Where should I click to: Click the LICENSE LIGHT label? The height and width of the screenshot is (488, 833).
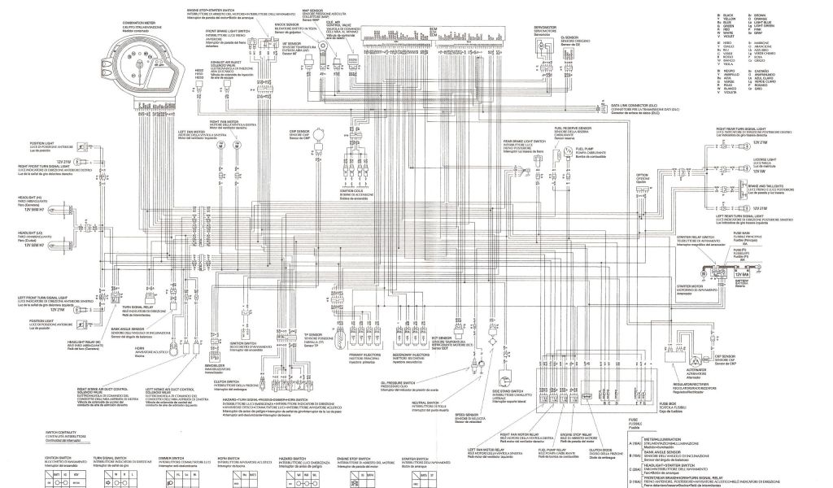point(764,159)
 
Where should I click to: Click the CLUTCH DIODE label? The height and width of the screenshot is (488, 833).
point(600,448)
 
